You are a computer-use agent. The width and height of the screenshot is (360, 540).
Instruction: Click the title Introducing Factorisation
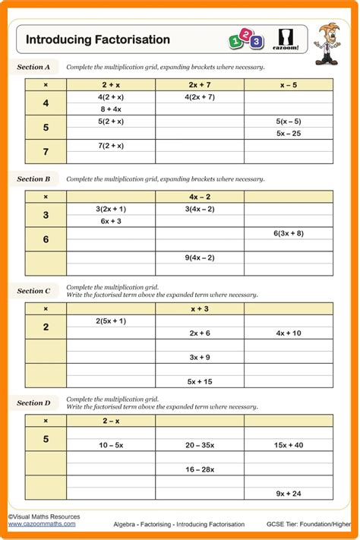(x=98, y=39)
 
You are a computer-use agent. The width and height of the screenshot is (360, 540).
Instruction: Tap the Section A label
(x=34, y=67)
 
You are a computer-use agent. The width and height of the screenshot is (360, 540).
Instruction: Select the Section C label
(x=34, y=291)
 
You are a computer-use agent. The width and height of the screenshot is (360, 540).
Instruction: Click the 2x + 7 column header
(x=200, y=85)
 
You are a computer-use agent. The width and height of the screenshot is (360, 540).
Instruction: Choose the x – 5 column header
(x=288, y=85)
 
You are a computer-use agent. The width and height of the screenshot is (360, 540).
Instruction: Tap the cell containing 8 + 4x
(x=111, y=109)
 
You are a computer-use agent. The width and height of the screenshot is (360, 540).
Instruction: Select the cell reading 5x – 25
(x=288, y=133)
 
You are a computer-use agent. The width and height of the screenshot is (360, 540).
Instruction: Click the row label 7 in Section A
(x=46, y=152)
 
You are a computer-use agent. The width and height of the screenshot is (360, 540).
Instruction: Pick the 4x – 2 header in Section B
(x=200, y=197)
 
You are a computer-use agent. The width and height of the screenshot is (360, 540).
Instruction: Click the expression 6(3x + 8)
(x=288, y=233)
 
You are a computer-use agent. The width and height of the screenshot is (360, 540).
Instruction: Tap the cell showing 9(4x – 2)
(x=200, y=257)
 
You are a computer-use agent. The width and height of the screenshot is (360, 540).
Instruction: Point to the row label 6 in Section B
(x=46, y=239)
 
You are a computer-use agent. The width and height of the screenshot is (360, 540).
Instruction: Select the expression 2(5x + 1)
(x=111, y=321)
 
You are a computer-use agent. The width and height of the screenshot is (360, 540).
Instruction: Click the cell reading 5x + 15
(x=200, y=381)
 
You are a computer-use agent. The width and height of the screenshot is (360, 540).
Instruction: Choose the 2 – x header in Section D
(x=111, y=420)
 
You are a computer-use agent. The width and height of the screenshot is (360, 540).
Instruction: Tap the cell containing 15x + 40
(x=288, y=444)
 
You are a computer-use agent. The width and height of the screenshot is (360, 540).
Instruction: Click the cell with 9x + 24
(x=288, y=493)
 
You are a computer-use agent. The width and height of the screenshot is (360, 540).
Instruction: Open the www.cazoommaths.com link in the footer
(x=42, y=523)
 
